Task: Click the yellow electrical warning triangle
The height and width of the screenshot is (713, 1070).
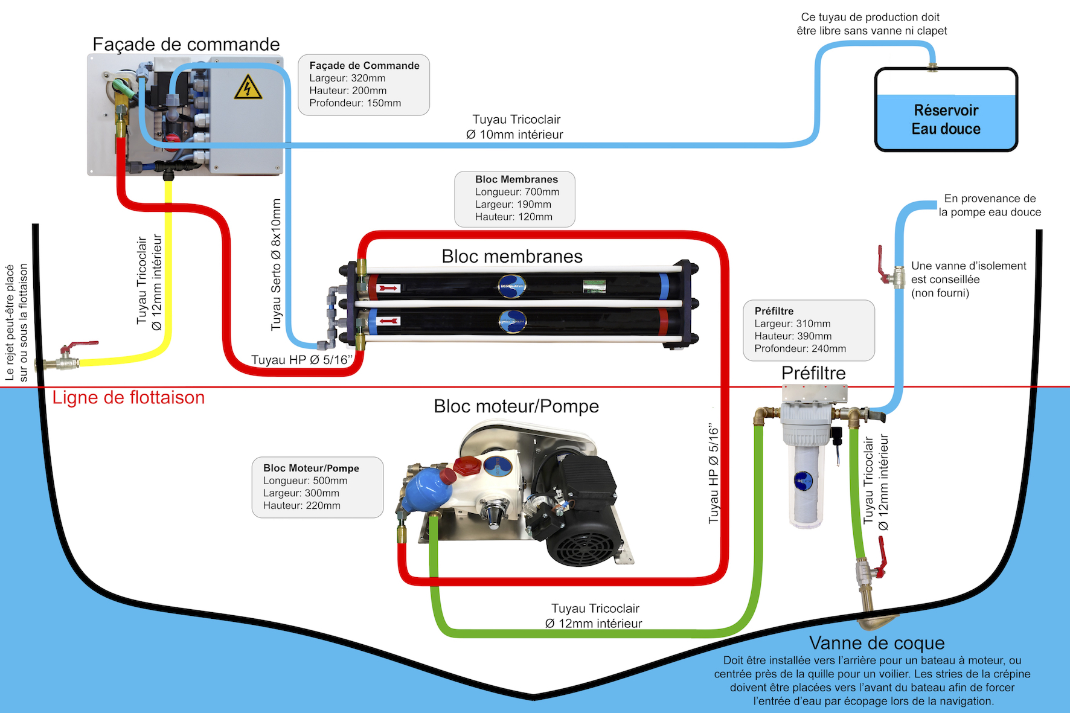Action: pyautogui.click(x=248, y=88)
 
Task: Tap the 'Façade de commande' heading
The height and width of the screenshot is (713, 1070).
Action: pyautogui.click(x=186, y=44)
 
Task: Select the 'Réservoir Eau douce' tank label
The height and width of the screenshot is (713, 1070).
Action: pyautogui.click(x=946, y=120)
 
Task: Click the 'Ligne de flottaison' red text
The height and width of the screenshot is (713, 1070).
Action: pyautogui.click(x=129, y=397)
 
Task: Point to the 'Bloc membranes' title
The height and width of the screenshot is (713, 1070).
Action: pyautogui.click(x=512, y=256)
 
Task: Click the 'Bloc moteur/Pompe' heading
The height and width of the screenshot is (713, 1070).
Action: pyautogui.click(x=516, y=406)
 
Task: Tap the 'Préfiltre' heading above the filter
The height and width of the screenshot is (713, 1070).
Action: pyautogui.click(x=813, y=373)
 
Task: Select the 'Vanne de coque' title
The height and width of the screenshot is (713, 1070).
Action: pyautogui.click(x=877, y=643)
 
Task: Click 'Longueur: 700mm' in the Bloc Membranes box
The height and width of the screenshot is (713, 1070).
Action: pyautogui.click(x=517, y=192)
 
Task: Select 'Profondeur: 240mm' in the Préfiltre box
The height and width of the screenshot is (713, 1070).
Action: pyautogui.click(x=800, y=348)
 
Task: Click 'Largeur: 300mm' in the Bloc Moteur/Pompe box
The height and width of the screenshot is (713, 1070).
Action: pyautogui.click(x=301, y=493)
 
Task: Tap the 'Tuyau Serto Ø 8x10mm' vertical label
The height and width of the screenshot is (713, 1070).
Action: pyautogui.click(x=276, y=264)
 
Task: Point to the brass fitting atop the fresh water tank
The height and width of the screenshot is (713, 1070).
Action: pyautogui.click(x=932, y=66)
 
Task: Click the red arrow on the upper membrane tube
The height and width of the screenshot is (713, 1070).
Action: pyautogui.click(x=388, y=289)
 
